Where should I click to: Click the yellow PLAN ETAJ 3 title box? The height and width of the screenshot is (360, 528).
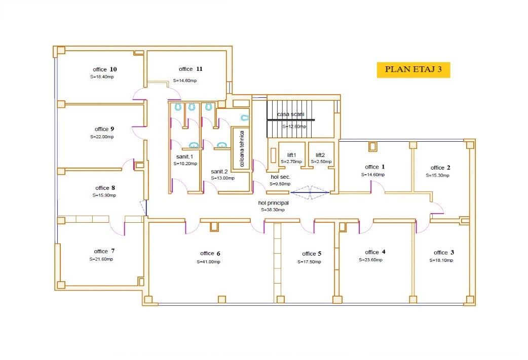pos(413,70)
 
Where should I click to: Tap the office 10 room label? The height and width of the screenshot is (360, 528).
pos(105,69)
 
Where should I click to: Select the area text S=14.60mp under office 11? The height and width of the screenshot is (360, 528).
pos(185,81)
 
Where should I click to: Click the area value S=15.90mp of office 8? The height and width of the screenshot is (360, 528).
pos(104,195)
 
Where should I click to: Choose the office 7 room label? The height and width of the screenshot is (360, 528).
pos(104,251)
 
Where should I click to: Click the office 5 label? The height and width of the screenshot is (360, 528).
pos(312,254)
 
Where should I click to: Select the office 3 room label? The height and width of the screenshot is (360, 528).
pos(444,252)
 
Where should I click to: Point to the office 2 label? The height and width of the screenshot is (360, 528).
pos(440,168)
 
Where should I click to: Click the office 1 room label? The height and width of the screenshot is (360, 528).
pos(375,167)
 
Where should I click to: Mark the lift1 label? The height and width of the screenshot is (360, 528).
pos(291,155)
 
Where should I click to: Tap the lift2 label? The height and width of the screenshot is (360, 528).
pos(320,155)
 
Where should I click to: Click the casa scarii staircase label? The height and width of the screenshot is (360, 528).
pos(290,114)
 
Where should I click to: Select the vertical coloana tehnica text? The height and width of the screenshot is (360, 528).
pos(242,149)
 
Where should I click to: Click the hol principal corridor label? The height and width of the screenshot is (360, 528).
pos(273,203)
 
